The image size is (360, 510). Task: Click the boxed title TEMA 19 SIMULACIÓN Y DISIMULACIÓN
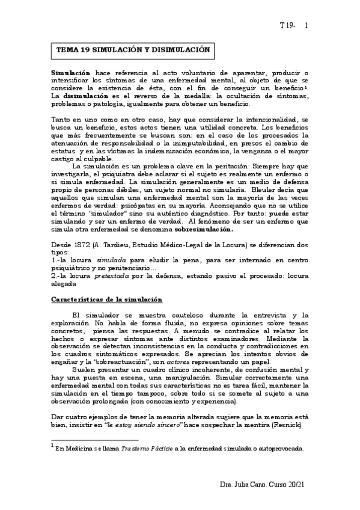[x=133, y=51]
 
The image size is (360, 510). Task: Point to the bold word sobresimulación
[x=204, y=229]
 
